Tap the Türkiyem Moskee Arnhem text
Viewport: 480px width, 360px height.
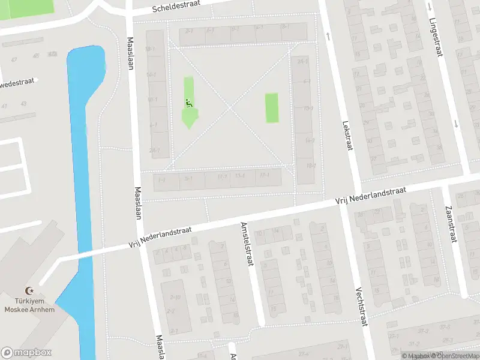pos(29,305)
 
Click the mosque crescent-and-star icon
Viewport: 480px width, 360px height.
pos(28,290)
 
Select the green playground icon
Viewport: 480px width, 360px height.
pos(189,103)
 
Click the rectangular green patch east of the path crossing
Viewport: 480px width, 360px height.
pos(272,108)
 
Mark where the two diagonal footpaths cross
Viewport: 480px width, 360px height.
pos(230,107)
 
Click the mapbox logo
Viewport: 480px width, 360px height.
pos(26,353)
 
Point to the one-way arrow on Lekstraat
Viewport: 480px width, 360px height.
pos(329,36)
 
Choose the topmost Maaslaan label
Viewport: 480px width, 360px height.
pos(130,54)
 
